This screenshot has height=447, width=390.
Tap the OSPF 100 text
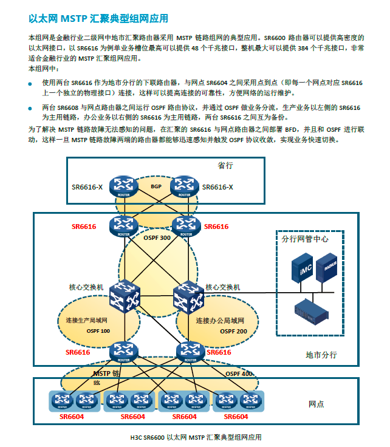tap(97, 331)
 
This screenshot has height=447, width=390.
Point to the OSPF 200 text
tap(234, 331)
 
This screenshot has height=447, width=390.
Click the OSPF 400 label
tap(239, 374)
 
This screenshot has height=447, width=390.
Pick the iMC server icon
tap(302, 268)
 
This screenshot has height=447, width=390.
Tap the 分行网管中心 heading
tap(305, 239)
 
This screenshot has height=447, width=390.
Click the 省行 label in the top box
tap(225, 166)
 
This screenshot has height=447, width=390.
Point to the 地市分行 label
tap(321, 355)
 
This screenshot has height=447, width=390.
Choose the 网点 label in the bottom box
tap(316, 404)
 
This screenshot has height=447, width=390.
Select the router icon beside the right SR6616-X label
tap(185, 187)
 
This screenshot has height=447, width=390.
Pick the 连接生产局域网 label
tap(86, 320)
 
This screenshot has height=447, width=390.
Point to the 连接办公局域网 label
tap(220, 320)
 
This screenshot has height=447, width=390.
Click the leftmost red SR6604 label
tap(71, 417)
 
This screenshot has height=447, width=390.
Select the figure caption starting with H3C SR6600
tap(195, 437)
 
